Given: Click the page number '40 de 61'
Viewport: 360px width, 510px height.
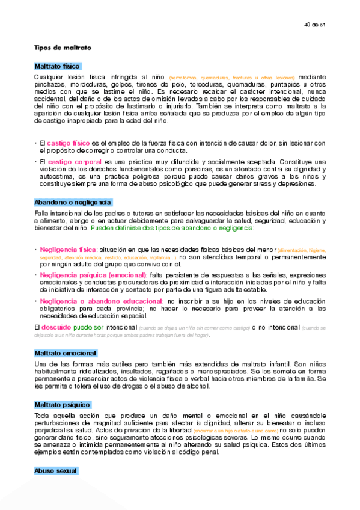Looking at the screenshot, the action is (314, 25).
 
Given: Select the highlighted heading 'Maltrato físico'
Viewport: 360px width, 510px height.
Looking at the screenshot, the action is (57, 66).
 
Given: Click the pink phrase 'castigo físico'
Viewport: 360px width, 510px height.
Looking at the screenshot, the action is (68, 143).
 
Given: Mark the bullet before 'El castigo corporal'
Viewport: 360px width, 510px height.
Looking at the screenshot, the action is (35, 162).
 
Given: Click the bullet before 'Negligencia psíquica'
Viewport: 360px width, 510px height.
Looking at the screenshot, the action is (35, 275).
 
